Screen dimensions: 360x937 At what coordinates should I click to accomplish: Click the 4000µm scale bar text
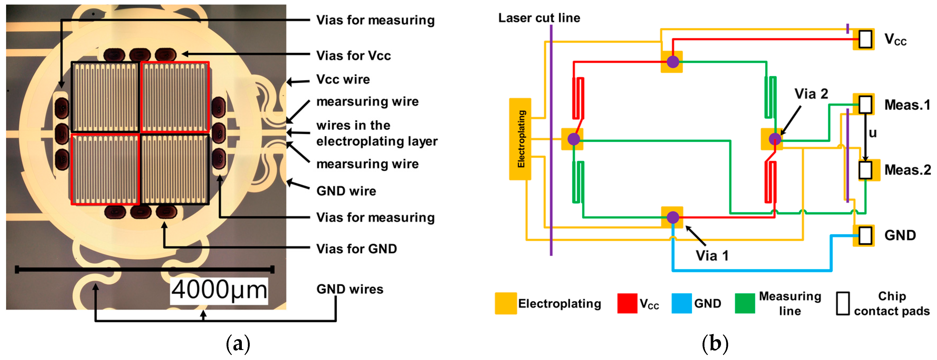click(219, 290)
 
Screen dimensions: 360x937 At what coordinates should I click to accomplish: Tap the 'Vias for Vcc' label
click(353, 56)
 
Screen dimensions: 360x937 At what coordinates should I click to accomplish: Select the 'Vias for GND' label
click(357, 249)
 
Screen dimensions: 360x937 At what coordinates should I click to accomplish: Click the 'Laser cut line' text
click(539, 18)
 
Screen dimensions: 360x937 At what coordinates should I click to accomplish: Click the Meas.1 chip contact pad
click(865, 104)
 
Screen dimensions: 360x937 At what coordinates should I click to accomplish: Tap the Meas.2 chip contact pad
click(865, 169)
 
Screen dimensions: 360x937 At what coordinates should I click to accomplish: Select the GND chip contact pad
click(865, 235)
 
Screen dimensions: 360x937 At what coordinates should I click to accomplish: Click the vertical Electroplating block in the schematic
click(520, 139)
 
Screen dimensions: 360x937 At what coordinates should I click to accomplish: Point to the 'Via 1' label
click(712, 256)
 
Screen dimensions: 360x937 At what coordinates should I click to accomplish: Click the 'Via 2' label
click(811, 94)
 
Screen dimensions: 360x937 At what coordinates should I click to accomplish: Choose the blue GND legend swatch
click(681, 303)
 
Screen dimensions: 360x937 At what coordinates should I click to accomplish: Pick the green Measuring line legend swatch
click(744, 303)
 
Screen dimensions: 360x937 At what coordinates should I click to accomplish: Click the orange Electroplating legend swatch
click(506, 303)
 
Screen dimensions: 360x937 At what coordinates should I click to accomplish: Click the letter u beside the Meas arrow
click(873, 133)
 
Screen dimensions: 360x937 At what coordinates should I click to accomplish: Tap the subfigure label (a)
click(238, 343)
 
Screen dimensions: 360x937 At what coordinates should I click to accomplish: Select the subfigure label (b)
click(715, 343)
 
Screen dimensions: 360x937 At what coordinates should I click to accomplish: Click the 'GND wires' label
click(349, 289)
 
